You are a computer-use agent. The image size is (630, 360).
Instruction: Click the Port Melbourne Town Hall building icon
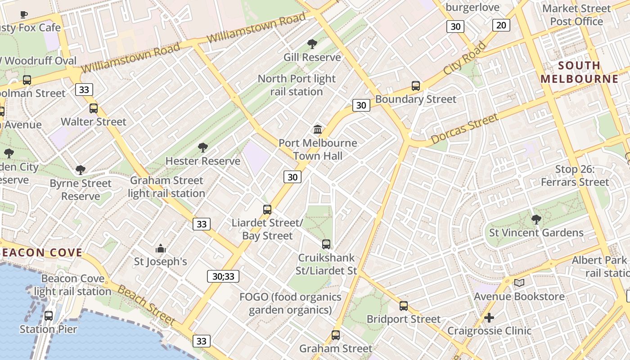pos(318,130)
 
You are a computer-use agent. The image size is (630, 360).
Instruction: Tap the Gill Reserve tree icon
pos(312,44)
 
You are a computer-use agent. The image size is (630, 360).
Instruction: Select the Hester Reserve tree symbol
pos(203,147)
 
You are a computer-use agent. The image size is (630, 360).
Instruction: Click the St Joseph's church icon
pos(161,248)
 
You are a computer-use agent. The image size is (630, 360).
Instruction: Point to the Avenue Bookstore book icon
pos(519,283)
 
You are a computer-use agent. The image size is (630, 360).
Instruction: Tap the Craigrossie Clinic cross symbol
pos(489,318)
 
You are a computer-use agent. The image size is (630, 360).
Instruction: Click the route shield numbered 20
pos(501,25)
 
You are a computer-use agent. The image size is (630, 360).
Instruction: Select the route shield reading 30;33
pos(223,276)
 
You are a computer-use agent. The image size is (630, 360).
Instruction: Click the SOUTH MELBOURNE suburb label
pos(580,72)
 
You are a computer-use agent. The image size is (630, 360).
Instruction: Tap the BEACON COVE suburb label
pos(41,252)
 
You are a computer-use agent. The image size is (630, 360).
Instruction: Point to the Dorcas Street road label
pos(465,129)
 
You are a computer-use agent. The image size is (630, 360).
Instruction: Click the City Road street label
pos(465,58)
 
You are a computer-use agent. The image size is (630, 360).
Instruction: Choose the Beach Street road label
pos(147,305)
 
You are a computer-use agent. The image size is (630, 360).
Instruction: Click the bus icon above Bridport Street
pos(404,306)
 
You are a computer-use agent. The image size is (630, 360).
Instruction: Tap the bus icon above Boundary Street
pos(416,85)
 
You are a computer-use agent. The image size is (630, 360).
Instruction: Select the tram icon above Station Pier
pos(49,315)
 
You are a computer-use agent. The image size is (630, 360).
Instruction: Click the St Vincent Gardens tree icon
pos(536,219)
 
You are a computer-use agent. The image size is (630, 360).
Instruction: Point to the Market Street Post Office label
pos(576,15)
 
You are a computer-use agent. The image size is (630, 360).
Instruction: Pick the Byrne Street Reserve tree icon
pos(81,170)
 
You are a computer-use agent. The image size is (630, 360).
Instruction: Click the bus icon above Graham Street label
pos(336,335)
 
